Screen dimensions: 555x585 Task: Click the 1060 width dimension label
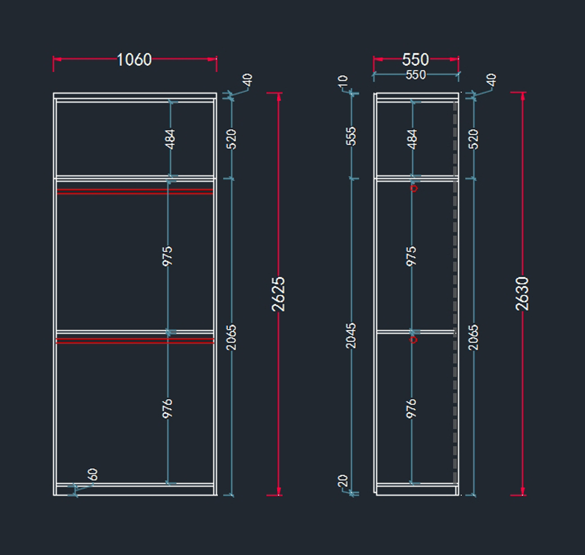tap(134, 59)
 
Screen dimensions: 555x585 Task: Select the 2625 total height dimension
tap(278, 294)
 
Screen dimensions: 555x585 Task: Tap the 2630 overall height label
tap(522, 293)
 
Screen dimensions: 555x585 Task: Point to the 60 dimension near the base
tap(93, 474)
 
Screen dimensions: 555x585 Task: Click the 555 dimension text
tap(351, 136)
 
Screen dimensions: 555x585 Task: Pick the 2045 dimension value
tap(351, 335)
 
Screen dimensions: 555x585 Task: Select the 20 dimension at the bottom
tap(343, 480)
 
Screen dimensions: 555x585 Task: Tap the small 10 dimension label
tap(343, 80)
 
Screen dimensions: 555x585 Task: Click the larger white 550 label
tap(415, 59)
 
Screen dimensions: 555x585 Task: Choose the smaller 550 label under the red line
tap(415, 75)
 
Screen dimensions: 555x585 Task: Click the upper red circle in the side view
tap(414, 188)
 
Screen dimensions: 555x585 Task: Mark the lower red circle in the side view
tap(413, 340)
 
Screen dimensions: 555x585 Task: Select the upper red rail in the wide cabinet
tap(135, 191)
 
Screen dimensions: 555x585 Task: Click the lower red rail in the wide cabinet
tap(135, 341)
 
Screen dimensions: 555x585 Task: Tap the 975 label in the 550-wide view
tap(411, 256)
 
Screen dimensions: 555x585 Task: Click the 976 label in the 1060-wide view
tap(167, 408)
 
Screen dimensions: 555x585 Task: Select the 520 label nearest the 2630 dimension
tap(473, 139)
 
